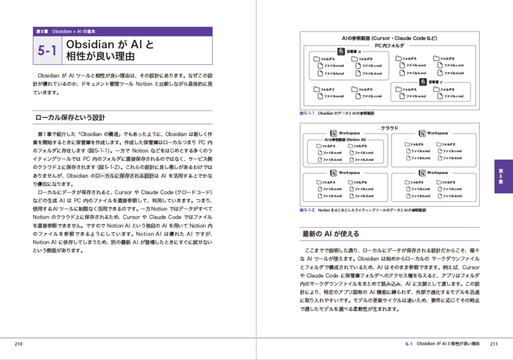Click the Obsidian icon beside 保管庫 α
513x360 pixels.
pos(341,51)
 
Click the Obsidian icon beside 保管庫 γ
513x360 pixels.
pos(423,82)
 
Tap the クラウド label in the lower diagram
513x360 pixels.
pos(389,128)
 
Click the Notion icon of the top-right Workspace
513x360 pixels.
pos(422,133)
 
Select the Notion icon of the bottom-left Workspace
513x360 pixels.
pos(333,173)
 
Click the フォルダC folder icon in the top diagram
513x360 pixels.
pos(316,89)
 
